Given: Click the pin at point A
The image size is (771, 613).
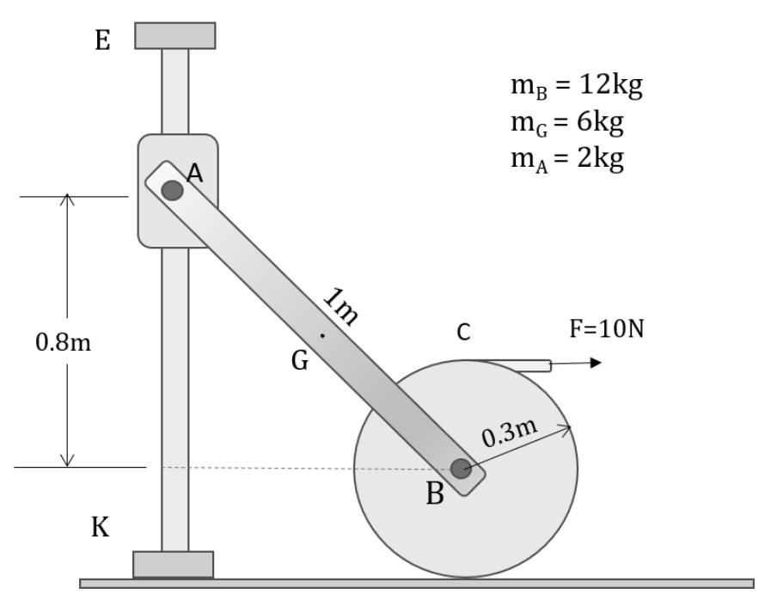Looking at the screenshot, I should (x=173, y=190).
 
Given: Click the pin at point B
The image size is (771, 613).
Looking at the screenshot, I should (x=461, y=469).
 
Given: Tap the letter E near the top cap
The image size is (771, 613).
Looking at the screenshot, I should (x=102, y=41).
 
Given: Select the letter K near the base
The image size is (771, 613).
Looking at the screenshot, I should (x=101, y=526).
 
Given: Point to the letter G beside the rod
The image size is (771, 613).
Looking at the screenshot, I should (x=299, y=362).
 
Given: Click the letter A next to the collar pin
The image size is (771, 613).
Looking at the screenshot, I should (x=196, y=175).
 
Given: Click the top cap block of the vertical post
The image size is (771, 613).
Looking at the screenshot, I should (x=175, y=35).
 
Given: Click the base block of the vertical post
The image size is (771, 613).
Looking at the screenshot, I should (x=174, y=564).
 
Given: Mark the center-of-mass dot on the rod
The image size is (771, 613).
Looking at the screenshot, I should (x=322, y=335).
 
